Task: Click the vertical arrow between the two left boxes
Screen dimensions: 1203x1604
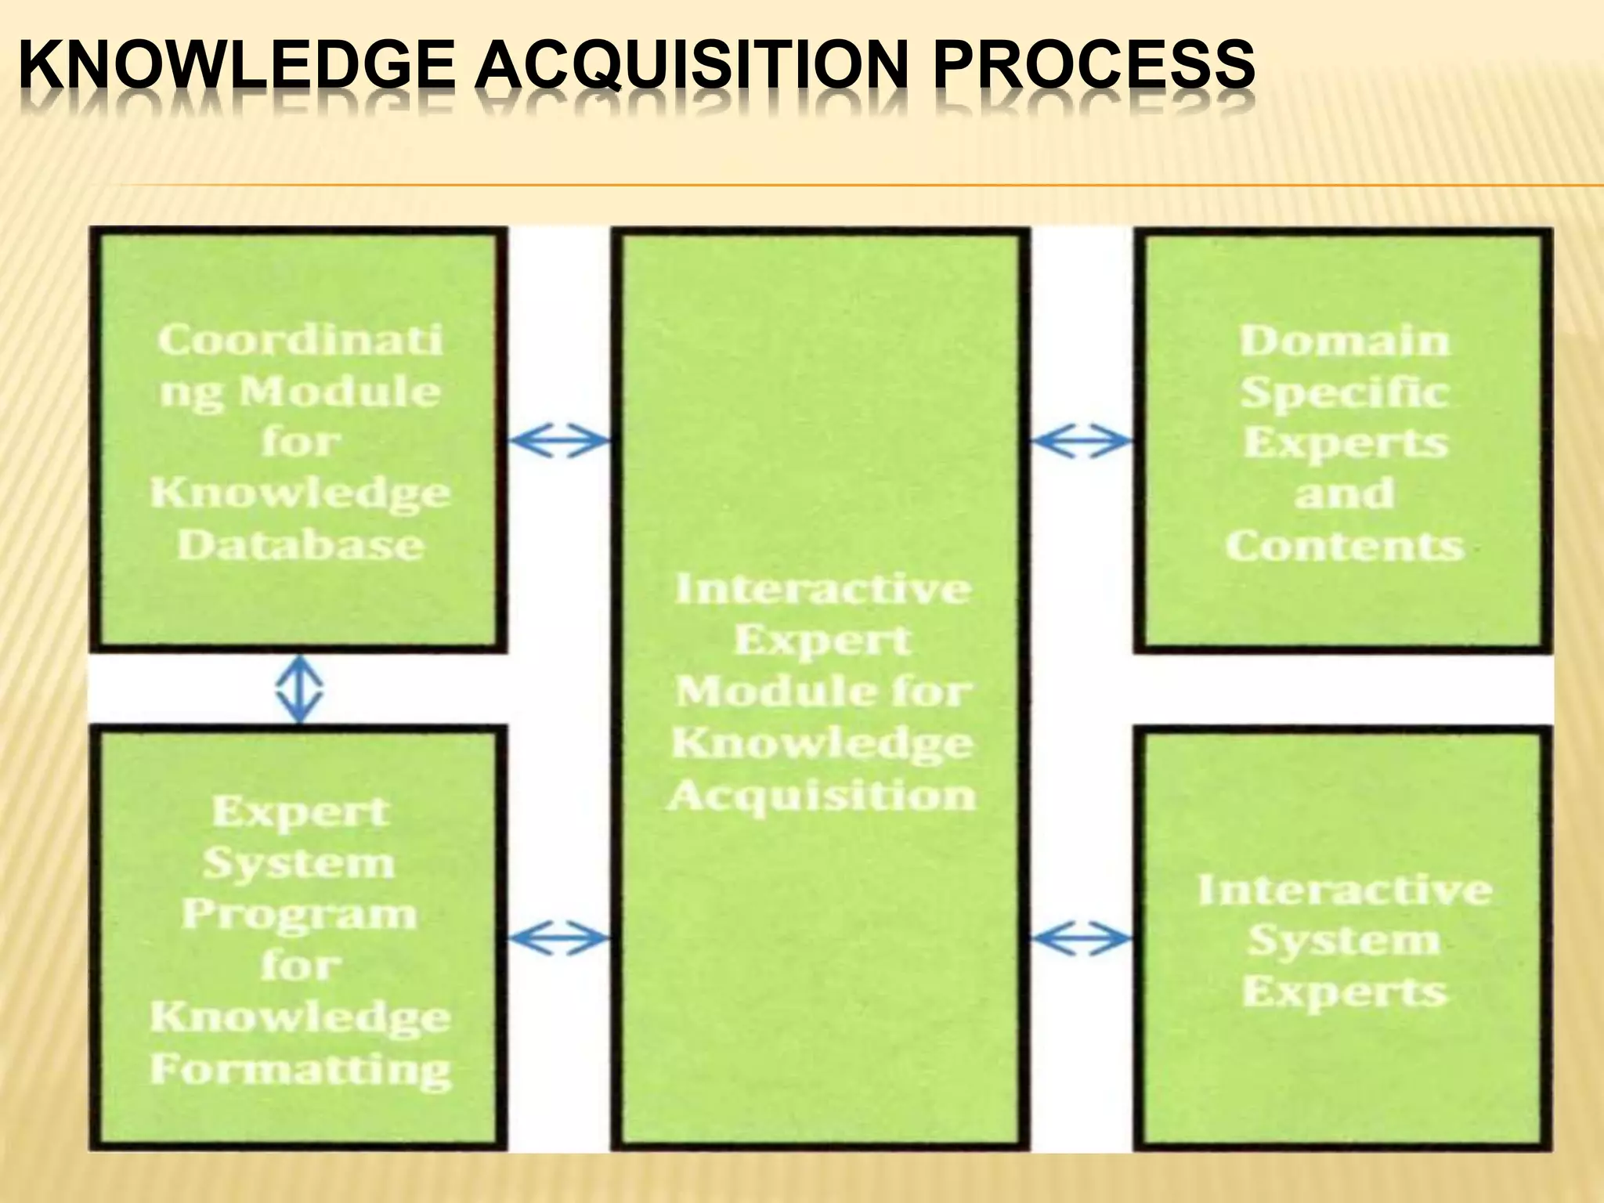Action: point(299,690)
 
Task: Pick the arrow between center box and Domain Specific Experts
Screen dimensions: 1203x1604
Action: point(1082,442)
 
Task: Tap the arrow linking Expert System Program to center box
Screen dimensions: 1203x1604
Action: point(559,937)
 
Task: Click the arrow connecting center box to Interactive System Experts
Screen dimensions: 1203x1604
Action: point(1082,937)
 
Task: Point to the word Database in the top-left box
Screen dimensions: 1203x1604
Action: point(300,544)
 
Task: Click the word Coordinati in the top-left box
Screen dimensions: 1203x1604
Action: point(300,340)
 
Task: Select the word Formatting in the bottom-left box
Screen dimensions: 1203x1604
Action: point(300,1069)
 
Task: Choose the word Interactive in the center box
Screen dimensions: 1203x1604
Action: point(822,589)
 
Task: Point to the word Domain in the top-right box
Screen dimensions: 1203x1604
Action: point(1344,341)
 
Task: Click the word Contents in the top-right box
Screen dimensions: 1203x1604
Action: point(1344,546)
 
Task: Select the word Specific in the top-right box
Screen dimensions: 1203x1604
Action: point(1344,392)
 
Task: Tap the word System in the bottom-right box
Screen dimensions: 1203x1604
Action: point(1344,941)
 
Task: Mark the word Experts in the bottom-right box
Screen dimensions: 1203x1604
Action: point(1344,992)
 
